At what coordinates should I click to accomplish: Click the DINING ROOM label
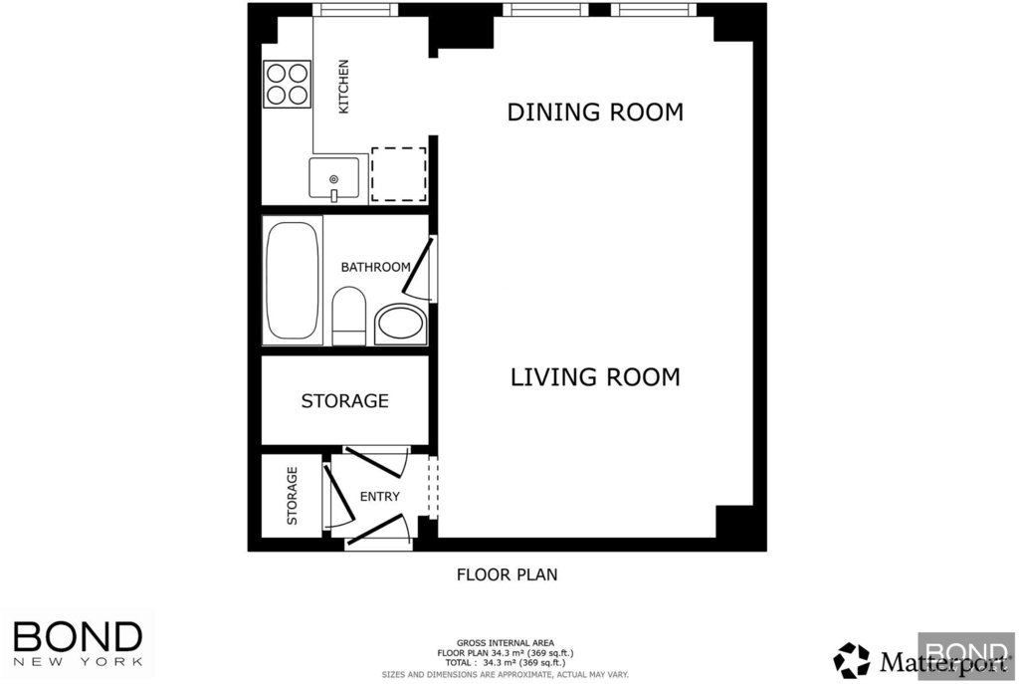click(x=595, y=112)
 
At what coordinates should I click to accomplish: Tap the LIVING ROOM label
click(x=595, y=377)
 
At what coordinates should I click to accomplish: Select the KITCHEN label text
click(x=343, y=87)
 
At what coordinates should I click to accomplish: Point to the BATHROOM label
click(x=375, y=267)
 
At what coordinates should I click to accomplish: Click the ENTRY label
click(x=379, y=496)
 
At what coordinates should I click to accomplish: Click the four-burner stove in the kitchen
click(x=288, y=84)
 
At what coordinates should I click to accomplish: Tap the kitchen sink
click(x=334, y=178)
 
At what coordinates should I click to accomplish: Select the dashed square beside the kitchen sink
click(x=398, y=174)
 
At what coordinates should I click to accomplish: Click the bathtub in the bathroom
click(x=293, y=280)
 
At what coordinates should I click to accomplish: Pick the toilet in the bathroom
click(x=349, y=316)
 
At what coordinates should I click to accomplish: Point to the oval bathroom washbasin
click(x=400, y=325)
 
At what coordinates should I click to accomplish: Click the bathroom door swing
click(x=417, y=268)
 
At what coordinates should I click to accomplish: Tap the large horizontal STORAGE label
click(x=344, y=400)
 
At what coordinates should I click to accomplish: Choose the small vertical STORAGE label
click(x=292, y=496)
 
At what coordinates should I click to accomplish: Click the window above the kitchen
click(x=355, y=10)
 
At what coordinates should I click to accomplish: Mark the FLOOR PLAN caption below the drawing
click(x=507, y=574)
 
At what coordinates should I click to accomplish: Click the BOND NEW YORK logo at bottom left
click(x=78, y=644)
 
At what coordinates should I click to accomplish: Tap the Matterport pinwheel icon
click(x=852, y=660)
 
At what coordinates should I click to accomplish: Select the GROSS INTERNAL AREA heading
click(x=506, y=643)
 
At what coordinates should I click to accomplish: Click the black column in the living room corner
click(x=734, y=522)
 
